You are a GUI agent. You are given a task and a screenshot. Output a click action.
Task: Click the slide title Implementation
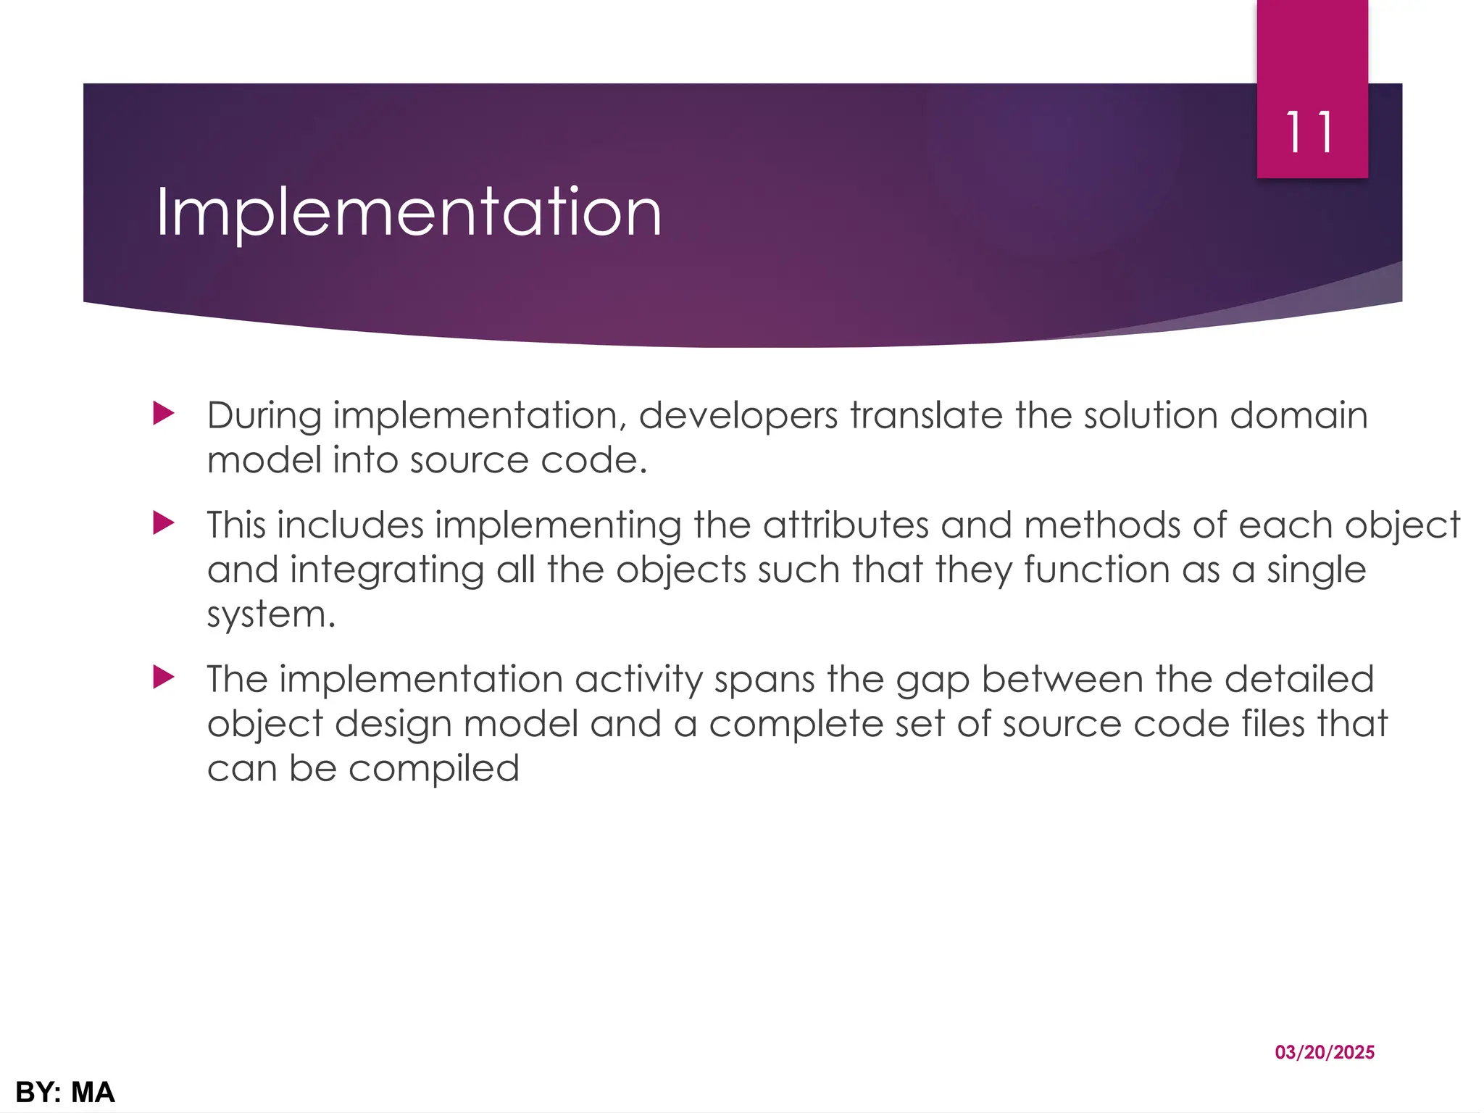(409, 212)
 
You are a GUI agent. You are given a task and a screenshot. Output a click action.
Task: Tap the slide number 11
(1310, 133)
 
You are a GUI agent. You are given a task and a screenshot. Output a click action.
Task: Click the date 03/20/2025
(1325, 1052)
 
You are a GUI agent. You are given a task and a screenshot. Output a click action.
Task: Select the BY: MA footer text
(65, 1092)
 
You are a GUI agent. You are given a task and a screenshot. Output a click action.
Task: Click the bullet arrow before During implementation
(164, 414)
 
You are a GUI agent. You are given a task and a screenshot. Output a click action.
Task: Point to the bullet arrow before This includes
(164, 523)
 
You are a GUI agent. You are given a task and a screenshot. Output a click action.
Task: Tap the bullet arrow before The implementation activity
(164, 678)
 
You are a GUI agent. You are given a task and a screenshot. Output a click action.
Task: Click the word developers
(738, 417)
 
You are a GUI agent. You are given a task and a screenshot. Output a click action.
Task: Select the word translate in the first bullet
(926, 415)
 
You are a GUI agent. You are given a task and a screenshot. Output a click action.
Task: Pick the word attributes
(845, 525)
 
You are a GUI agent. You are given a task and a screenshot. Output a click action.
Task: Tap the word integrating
(387, 570)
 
